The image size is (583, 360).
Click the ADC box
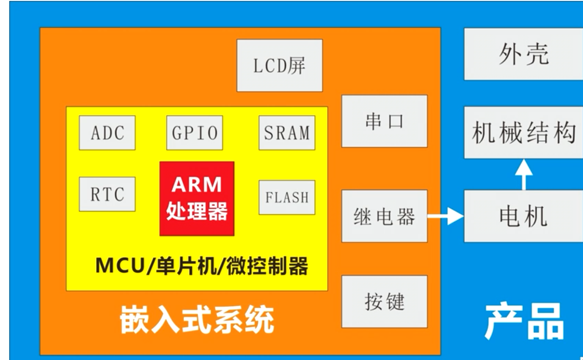pos(107,133)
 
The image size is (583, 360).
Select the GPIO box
pos(194,133)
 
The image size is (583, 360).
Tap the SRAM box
pos(287,133)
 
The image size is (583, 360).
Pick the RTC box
pos(107,194)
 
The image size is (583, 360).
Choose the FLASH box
pos(287,197)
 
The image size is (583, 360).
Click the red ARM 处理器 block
pos(197,198)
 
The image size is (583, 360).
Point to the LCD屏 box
pos(279,65)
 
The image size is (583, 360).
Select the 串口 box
pos(384,121)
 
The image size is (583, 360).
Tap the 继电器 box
pos(384,216)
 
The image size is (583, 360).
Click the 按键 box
pos(384,301)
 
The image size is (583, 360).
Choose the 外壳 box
pos(523,54)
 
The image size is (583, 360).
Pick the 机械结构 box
pos(523,133)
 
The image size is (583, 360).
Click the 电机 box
pos(523,216)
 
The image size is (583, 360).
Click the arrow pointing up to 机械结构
pos(523,174)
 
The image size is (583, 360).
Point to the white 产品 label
pos(524,321)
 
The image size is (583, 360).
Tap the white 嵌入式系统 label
pos(197,321)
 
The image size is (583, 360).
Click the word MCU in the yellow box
pos(114,266)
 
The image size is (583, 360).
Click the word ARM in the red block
pos(197,184)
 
